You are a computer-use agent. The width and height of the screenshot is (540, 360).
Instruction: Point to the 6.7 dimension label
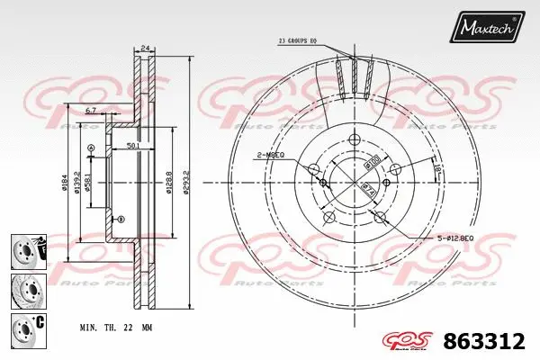91,110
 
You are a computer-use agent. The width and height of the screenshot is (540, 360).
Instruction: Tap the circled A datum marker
91,148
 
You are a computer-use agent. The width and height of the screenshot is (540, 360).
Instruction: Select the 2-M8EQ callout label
271,154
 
